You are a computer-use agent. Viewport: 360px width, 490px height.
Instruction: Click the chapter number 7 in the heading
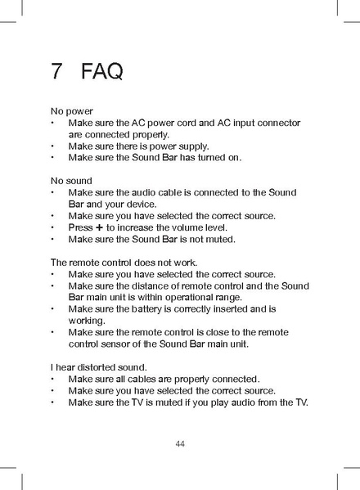tap(56, 71)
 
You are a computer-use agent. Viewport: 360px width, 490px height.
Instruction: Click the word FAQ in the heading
tap(102, 71)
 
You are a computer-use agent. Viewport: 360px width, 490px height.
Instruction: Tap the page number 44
tap(180, 444)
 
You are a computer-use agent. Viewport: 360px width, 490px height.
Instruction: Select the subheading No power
tap(72, 110)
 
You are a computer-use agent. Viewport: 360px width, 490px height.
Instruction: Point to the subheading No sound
tap(72, 180)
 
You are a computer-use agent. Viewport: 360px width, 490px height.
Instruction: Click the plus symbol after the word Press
tap(99, 227)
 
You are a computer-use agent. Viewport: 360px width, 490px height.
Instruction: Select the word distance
tap(158, 285)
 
